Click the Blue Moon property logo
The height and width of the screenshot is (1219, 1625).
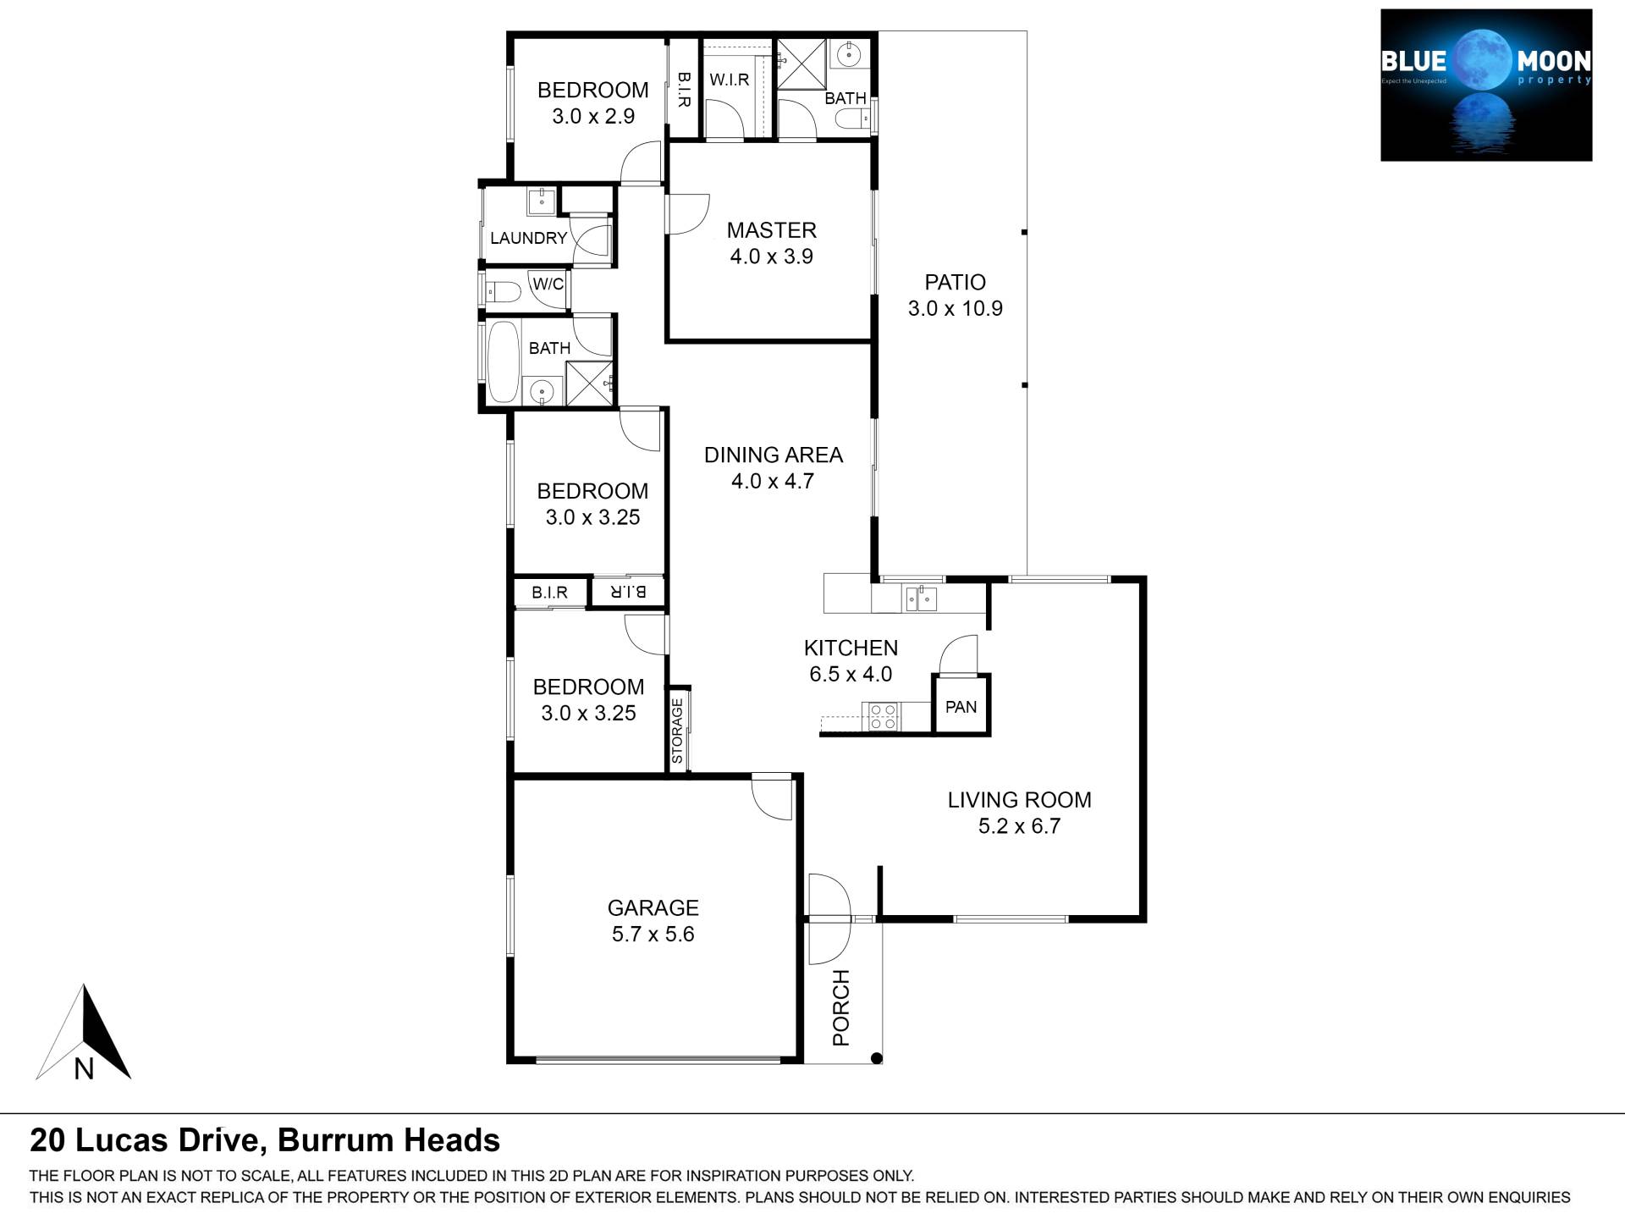(x=1486, y=85)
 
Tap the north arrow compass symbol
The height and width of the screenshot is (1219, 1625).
(x=84, y=1033)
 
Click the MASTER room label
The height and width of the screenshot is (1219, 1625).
(x=771, y=230)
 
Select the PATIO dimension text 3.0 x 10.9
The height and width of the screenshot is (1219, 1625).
(x=955, y=309)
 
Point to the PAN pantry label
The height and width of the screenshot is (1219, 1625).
(x=961, y=707)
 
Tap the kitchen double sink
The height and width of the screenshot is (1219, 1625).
(x=921, y=598)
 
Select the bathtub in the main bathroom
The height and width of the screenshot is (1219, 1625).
(x=503, y=362)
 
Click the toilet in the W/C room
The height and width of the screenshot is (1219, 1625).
(x=503, y=293)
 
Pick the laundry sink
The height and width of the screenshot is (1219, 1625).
(x=541, y=201)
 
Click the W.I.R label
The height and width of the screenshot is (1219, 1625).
(x=729, y=80)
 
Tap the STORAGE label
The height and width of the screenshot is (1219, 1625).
(x=677, y=731)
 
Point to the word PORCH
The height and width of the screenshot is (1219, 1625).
(x=840, y=1007)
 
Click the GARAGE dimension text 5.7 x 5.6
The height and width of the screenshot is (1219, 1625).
(x=653, y=935)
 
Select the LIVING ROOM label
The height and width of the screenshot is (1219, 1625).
(x=1019, y=800)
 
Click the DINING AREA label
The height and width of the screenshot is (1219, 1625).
(x=774, y=455)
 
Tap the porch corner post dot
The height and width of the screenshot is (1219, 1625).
(x=877, y=1058)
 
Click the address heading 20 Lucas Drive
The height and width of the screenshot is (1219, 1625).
(x=144, y=1141)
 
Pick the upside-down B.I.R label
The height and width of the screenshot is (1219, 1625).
(x=628, y=592)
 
